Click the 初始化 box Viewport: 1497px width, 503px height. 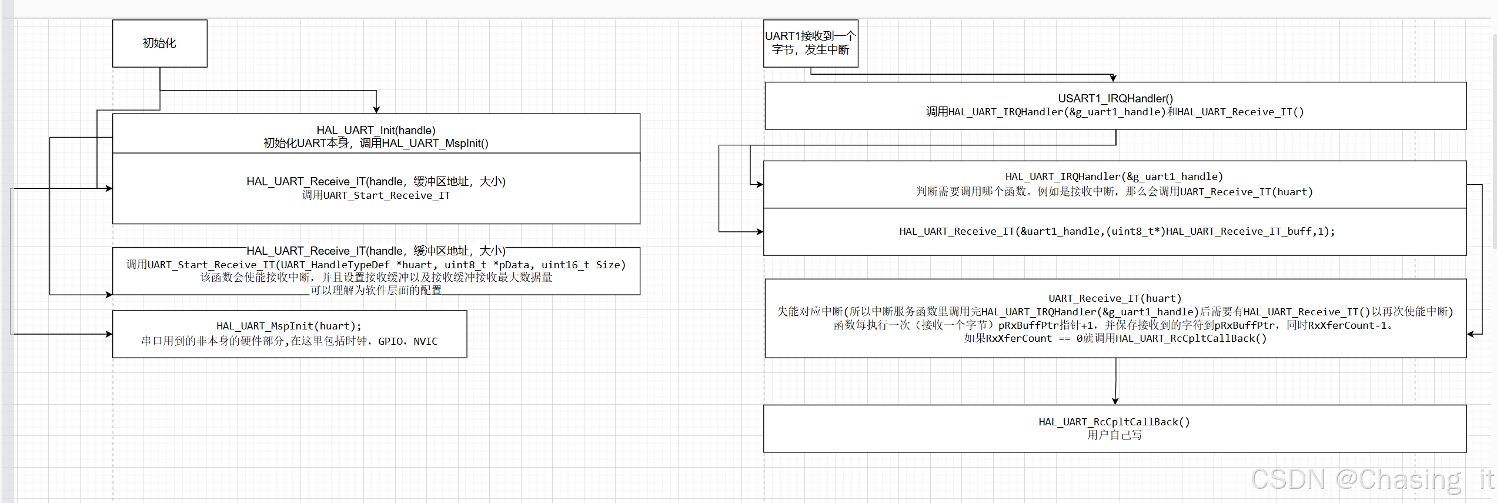pos(159,44)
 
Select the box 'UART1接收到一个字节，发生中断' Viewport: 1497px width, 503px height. pos(810,44)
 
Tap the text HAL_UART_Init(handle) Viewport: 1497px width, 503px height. pos(376,130)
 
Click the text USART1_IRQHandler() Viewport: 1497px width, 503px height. pos(1115,98)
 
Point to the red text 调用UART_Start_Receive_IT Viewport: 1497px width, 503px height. pos(376,195)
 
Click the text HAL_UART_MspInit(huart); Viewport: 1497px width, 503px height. pos(289,326)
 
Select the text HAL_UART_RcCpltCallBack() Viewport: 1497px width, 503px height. pos(1114,422)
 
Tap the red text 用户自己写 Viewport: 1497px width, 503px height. pos(1114,435)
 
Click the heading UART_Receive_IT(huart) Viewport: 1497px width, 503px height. pos(1114,298)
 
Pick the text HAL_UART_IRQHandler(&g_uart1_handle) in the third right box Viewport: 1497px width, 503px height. pos(1114,176)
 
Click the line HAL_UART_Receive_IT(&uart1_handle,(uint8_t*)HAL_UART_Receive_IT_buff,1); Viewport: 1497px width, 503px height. pos(1117,231)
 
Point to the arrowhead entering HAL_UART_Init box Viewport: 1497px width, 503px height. pos(376,110)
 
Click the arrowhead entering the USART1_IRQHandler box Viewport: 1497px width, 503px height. pos(1112,78)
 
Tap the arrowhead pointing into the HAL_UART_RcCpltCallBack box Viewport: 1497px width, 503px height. pos(1115,401)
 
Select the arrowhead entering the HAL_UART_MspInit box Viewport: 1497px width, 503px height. pos(109,334)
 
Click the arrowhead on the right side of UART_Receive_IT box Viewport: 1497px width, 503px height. pos(1471,334)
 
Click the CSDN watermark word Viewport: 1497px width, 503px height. pos(1288,479)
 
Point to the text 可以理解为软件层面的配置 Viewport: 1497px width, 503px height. pos(376,291)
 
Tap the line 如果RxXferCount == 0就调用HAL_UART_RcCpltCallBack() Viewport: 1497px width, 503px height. pos(1115,339)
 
